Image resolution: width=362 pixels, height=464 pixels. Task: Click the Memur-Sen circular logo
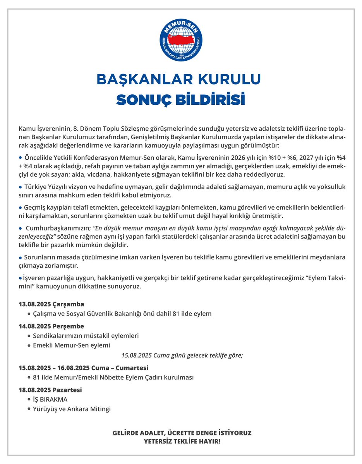click(181, 39)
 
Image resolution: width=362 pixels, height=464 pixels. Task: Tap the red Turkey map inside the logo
click(181, 40)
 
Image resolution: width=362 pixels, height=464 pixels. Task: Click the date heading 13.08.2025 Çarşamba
click(51, 304)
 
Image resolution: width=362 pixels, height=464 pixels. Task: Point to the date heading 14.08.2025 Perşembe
click(51, 326)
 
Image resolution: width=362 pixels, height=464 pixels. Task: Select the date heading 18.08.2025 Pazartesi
click(50, 390)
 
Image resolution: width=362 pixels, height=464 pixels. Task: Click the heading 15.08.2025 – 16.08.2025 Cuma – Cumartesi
click(83, 367)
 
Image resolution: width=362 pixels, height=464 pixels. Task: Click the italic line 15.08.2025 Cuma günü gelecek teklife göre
click(182, 355)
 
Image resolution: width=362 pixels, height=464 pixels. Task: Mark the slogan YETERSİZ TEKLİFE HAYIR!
click(181, 441)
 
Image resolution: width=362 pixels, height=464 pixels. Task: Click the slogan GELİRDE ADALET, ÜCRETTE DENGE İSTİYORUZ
click(181, 433)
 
